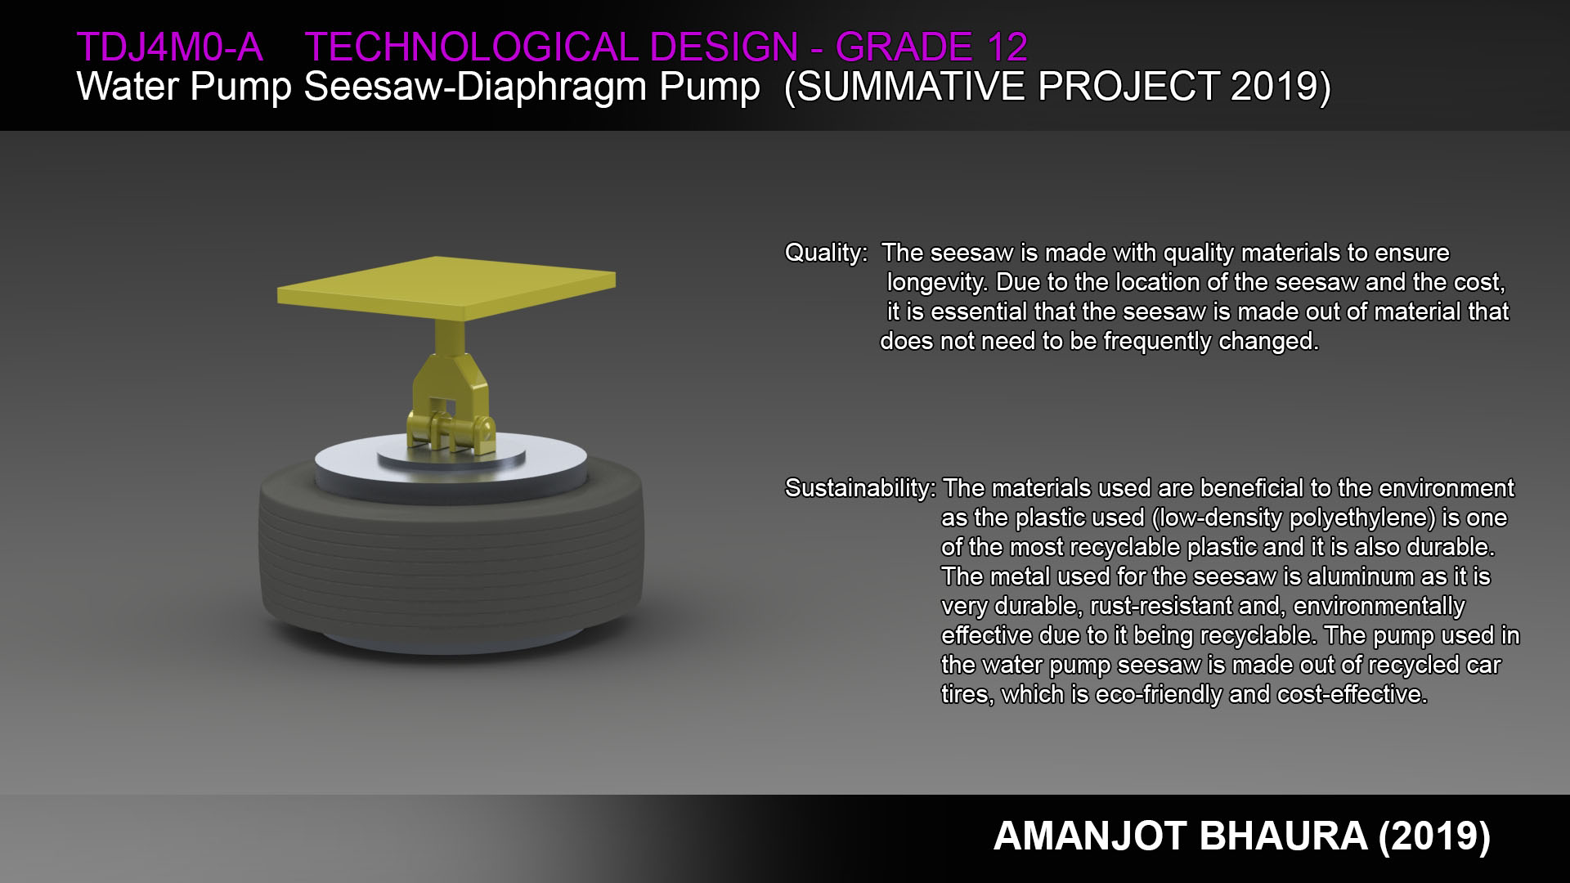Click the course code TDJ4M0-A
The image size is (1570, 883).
coord(170,47)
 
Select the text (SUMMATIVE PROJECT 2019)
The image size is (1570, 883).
coord(1057,87)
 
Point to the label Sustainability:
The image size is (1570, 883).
coord(860,489)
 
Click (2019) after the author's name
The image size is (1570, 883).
coord(1434,836)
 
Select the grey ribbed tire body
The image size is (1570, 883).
coord(451,564)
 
